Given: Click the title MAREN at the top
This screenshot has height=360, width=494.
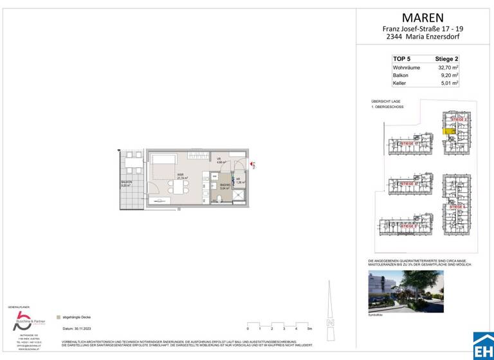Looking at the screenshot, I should click(x=423, y=18).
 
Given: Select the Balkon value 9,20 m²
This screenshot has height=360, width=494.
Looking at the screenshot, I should click(x=448, y=75).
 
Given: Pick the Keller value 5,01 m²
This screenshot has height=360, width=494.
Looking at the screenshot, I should click(x=448, y=83).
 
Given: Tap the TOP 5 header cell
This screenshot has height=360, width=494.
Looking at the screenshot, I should click(x=401, y=58).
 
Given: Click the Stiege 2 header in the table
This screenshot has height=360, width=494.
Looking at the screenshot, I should click(x=445, y=58).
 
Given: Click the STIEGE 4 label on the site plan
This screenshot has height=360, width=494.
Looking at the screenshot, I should click(x=459, y=207).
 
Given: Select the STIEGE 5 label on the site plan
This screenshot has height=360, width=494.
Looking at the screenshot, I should click(x=408, y=226).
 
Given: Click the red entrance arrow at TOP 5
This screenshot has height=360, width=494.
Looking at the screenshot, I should click(x=252, y=165).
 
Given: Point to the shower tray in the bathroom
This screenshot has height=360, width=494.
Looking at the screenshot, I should click(x=239, y=198).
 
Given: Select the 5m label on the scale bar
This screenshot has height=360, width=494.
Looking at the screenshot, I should click(x=310, y=328).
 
